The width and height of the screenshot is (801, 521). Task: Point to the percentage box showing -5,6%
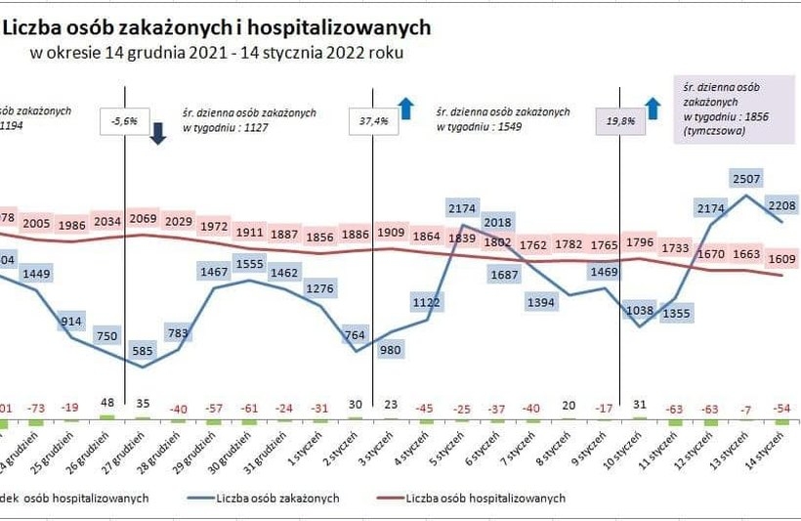(125, 121)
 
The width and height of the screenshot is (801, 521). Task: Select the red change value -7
(748, 408)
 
